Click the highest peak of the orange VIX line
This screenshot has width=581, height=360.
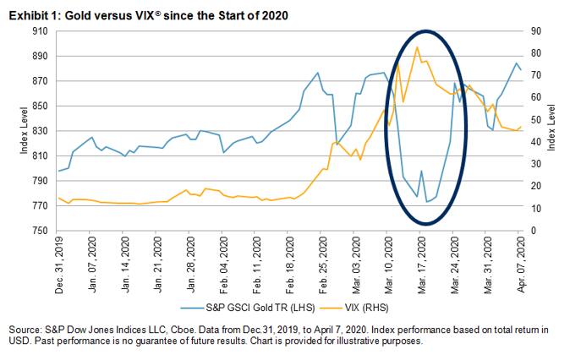click(417, 46)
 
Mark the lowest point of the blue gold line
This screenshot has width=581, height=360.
click(426, 202)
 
